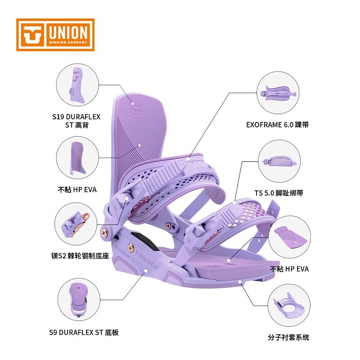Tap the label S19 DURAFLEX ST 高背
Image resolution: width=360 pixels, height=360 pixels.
(76, 121)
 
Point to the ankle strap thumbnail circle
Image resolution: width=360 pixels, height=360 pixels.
(277, 91)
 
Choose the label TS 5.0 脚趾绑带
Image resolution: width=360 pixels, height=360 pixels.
(279, 193)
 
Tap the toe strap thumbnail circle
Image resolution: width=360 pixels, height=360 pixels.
(279, 161)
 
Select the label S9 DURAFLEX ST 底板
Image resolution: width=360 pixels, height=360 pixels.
(84, 332)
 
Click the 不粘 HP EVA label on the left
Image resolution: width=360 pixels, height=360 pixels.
(77, 189)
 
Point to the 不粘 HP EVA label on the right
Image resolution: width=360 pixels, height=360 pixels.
(289, 269)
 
